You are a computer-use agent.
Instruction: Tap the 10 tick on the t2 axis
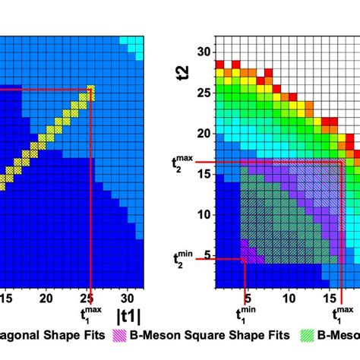(202, 215)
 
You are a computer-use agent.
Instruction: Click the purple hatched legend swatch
(122, 334)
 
